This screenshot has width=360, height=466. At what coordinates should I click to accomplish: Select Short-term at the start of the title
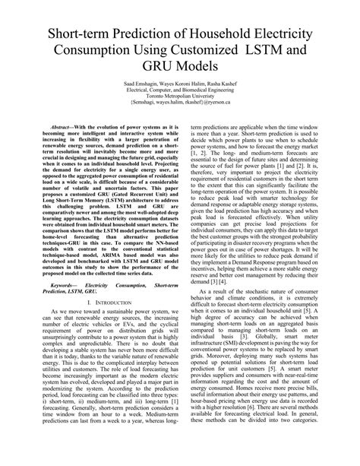(77, 35)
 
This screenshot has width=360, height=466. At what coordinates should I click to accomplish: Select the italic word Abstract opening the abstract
(60, 129)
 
